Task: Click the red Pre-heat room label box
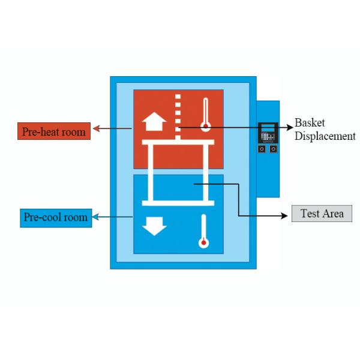pos(54,131)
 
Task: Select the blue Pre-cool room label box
pos(55,217)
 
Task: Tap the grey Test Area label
pos(322,214)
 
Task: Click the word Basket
pos(310,123)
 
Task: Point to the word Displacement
pos(325,136)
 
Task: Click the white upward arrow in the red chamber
pos(154,124)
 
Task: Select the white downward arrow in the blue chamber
pos(154,226)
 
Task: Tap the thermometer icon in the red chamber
pos(206,115)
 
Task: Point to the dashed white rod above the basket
pos(178,114)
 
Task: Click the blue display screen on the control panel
pos(268,127)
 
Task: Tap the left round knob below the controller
pos(262,148)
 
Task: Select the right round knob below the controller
pos(273,148)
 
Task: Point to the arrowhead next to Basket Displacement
pos(289,127)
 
